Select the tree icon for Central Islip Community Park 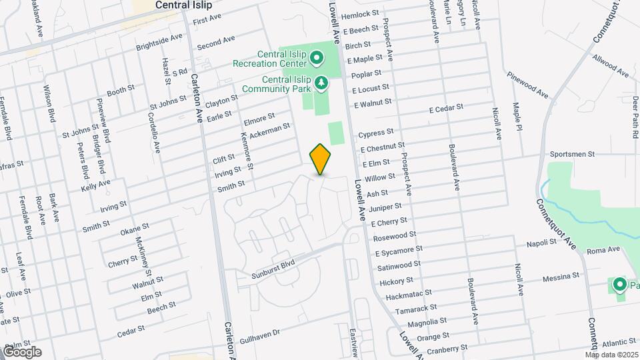point(322,83)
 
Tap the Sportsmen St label point(572,154)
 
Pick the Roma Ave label point(603,250)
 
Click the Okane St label point(136,230)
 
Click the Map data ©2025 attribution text point(612,355)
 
